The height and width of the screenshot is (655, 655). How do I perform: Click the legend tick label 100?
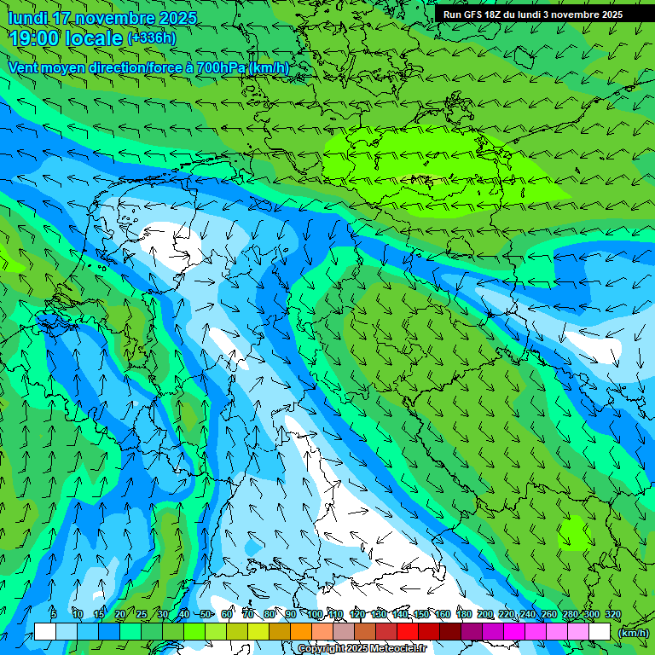tap(315, 615)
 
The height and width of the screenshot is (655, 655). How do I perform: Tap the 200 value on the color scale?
tap(485, 615)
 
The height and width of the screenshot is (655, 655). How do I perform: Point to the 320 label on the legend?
tap(612, 615)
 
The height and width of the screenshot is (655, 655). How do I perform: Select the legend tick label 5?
tap(54, 615)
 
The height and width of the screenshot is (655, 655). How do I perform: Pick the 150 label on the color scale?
tap(421, 615)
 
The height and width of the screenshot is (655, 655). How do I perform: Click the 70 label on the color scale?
tap(248, 615)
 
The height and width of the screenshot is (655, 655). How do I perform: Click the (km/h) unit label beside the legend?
tap(634, 633)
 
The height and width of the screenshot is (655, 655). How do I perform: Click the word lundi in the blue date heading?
tap(26, 18)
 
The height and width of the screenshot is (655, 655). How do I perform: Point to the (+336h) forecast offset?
tap(151, 38)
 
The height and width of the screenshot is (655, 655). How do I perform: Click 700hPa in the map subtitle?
tap(220, 67)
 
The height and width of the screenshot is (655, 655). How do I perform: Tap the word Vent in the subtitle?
tap(25, 67)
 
